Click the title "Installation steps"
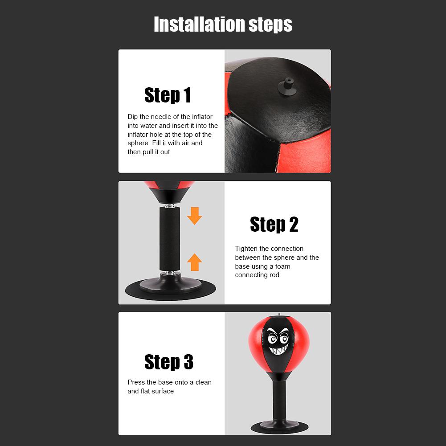223,24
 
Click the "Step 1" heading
168,95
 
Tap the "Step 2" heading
274,224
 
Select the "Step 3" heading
168,362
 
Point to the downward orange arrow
194,215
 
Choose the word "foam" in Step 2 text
282,266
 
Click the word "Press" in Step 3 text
136,382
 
